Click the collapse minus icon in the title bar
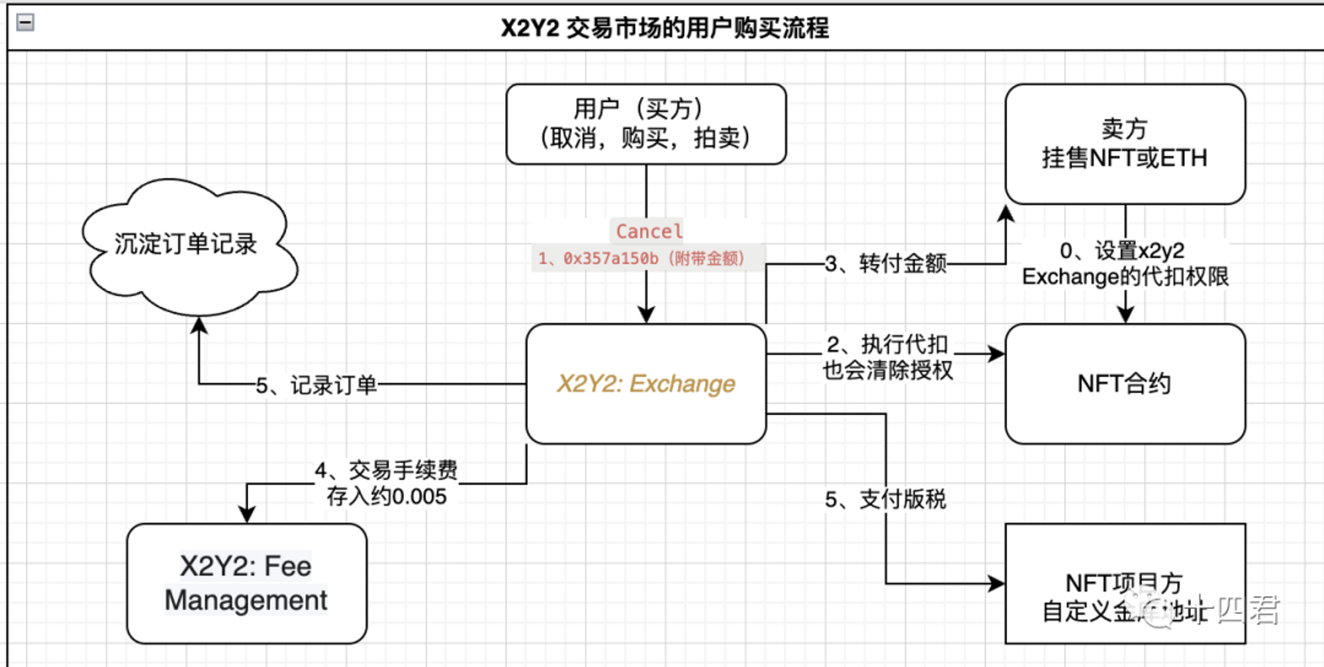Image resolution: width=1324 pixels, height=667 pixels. click(25, 23)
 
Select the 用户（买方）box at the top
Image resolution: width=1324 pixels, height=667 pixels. click(645, 124)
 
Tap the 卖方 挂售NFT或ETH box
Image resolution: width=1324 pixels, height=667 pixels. click(1125, 144)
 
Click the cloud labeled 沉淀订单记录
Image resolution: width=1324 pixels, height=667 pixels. click(186, 244)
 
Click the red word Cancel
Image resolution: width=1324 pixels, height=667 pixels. click(648, 231)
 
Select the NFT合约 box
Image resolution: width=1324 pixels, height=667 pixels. click(1125, 384)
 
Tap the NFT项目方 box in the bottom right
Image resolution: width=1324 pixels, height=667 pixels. click(1125, 583)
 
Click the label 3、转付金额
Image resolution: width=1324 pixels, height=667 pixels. click(885, 264)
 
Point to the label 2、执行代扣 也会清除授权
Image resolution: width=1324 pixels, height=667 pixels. click(887, 357)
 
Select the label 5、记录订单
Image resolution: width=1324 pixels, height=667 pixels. click(316, 384)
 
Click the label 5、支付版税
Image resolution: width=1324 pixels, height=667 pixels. click(885, 499)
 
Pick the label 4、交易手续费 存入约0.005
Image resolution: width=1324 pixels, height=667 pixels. click(386, 483)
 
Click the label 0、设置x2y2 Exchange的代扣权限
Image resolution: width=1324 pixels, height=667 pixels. click(1125, 264)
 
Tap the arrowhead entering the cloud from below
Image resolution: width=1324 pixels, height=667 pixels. click(199, 325)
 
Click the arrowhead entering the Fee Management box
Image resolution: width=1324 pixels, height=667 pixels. click(247, 515)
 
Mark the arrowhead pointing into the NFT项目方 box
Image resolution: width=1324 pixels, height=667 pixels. click(996, 584)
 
